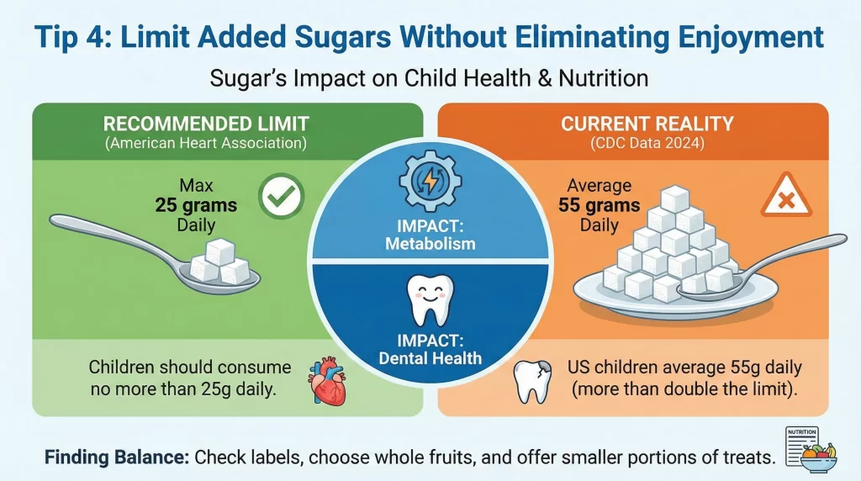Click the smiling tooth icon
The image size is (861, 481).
(x=430, y=299)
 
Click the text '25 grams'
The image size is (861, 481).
(x=196, y=204)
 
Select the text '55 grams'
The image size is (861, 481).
(x=600, y=204)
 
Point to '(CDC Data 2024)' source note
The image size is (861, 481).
(x=647, y=144)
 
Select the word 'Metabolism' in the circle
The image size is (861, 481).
(x=430, y=245)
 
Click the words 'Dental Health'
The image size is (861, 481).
(x=430, y=357)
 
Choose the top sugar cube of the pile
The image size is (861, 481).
(x=675, y=198)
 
